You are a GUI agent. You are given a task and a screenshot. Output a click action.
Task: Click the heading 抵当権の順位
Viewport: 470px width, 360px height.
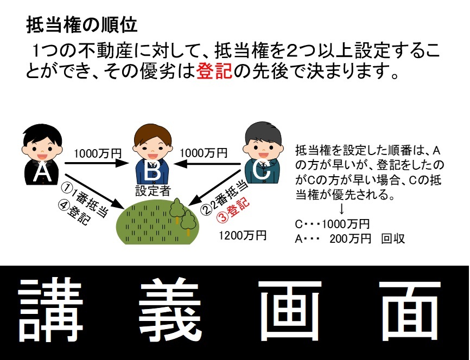(82, 25)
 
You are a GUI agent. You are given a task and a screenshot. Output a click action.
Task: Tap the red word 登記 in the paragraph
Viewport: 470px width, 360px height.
(214, 71)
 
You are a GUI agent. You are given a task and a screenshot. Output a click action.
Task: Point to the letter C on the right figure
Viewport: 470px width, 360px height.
(262, 170)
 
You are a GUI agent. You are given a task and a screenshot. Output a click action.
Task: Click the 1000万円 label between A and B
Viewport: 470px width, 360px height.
(98, 153)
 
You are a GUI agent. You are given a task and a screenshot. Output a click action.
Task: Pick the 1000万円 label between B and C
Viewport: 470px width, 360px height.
(204, 153)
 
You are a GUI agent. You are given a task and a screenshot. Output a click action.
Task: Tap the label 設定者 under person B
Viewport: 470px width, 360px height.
(153, 190)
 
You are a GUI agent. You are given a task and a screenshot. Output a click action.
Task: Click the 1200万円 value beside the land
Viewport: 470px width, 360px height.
(243, 236)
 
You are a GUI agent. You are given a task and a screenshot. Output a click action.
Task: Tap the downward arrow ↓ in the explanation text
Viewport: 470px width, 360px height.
(341, 209)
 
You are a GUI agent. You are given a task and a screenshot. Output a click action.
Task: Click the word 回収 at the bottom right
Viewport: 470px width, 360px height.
(393, 239)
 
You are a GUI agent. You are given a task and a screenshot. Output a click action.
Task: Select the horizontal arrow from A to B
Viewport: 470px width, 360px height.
(97, 163)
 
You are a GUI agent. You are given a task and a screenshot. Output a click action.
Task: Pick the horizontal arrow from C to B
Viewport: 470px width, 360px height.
(207, 164)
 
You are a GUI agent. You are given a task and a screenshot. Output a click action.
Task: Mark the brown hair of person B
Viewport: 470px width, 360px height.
(153, 134)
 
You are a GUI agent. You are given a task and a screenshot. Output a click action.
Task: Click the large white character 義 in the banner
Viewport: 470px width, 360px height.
(170, 310)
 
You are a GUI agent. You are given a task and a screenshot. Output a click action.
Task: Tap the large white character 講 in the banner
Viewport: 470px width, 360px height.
(50, 310)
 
